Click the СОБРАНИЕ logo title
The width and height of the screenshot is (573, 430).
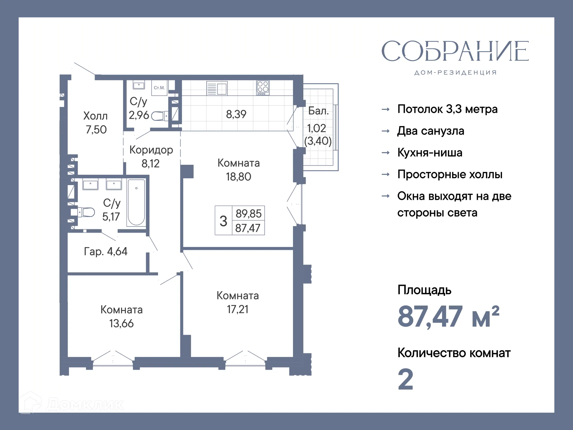455,51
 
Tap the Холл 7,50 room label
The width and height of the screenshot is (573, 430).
95,123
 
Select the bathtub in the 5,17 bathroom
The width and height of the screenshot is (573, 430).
136,202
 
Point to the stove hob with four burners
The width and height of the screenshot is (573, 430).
263,88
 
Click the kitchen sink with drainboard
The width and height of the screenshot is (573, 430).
217,88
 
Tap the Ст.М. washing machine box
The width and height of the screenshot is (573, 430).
159,88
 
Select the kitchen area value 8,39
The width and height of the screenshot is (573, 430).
236,114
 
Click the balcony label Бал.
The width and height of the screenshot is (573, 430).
318,111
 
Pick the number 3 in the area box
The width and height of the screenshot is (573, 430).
223,221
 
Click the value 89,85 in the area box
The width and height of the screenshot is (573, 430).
248,214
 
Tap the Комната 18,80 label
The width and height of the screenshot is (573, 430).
238,170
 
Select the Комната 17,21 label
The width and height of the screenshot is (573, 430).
238,302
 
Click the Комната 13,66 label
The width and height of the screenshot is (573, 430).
121,317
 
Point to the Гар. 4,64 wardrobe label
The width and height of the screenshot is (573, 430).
106,251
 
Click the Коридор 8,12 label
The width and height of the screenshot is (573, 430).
151,156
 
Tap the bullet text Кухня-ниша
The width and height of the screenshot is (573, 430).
430,153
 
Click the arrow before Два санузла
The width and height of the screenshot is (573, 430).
386,131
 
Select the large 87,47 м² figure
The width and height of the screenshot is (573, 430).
448,317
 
